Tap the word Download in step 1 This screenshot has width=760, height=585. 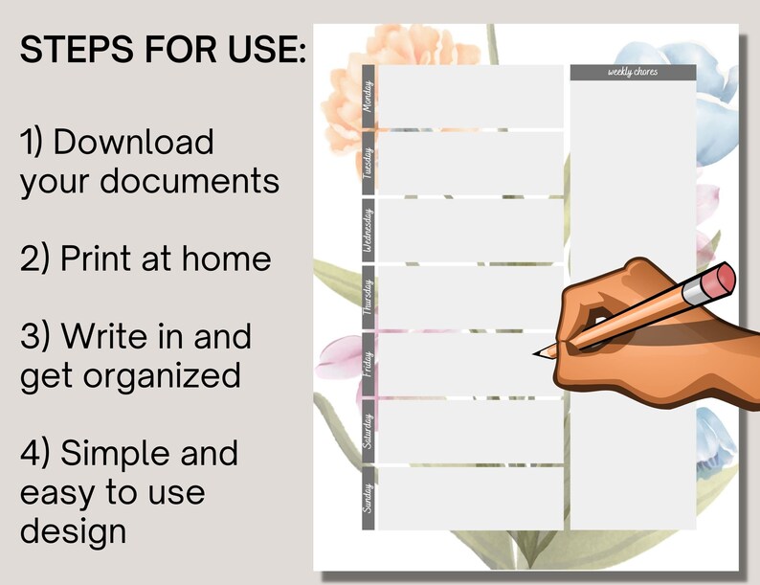coord(133,143)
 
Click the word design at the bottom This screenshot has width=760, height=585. coord(73,529)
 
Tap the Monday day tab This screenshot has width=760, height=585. coord(369,96)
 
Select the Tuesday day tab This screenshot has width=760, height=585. coord(369,162)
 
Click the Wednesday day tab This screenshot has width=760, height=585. coord(369,229)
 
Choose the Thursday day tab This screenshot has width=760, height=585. coord(369,296)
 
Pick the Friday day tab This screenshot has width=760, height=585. coord(369,363)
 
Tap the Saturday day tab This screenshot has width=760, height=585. coord(369,430)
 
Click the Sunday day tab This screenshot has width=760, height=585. coord(369,497)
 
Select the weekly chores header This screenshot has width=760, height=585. coord(633,73)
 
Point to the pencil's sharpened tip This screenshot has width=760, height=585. coord(537,353)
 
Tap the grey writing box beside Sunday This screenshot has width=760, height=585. coord(470,497)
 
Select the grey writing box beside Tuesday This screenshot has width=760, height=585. coord(470,162)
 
